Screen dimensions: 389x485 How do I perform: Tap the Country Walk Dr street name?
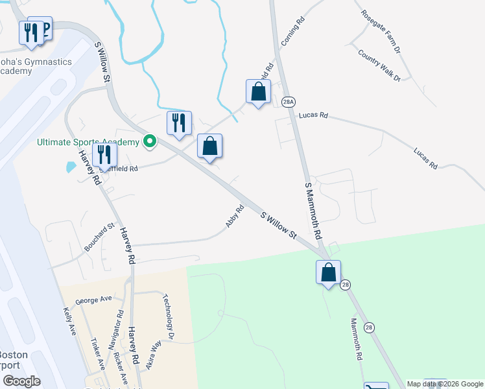click(379, 64)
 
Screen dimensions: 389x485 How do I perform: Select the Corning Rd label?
click(293, 32)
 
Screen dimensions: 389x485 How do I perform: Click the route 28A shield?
click(289, 101)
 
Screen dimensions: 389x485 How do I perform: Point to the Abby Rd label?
click(235, 217)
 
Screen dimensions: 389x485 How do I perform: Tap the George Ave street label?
click(93, 300)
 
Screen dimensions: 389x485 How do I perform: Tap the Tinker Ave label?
click(98, 354)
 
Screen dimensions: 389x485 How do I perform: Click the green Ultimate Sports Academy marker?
click(150, 141)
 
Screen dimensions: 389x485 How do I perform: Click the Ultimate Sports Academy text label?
click(88, 142)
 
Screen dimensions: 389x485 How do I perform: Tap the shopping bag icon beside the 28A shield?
click(258, 92)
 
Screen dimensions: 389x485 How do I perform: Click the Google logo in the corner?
click(21, 381)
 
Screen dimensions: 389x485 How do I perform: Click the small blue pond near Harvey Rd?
click(71, 167)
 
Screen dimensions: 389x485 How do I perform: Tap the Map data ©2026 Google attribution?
click(445, 384)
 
